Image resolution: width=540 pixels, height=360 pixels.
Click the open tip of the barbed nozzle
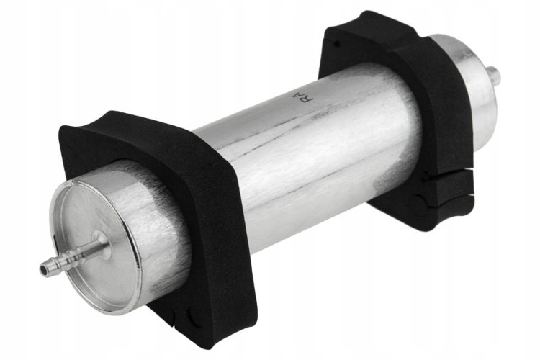44,269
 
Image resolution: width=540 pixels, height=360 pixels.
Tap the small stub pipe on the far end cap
495,75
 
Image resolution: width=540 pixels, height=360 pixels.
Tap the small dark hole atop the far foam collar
337,44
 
